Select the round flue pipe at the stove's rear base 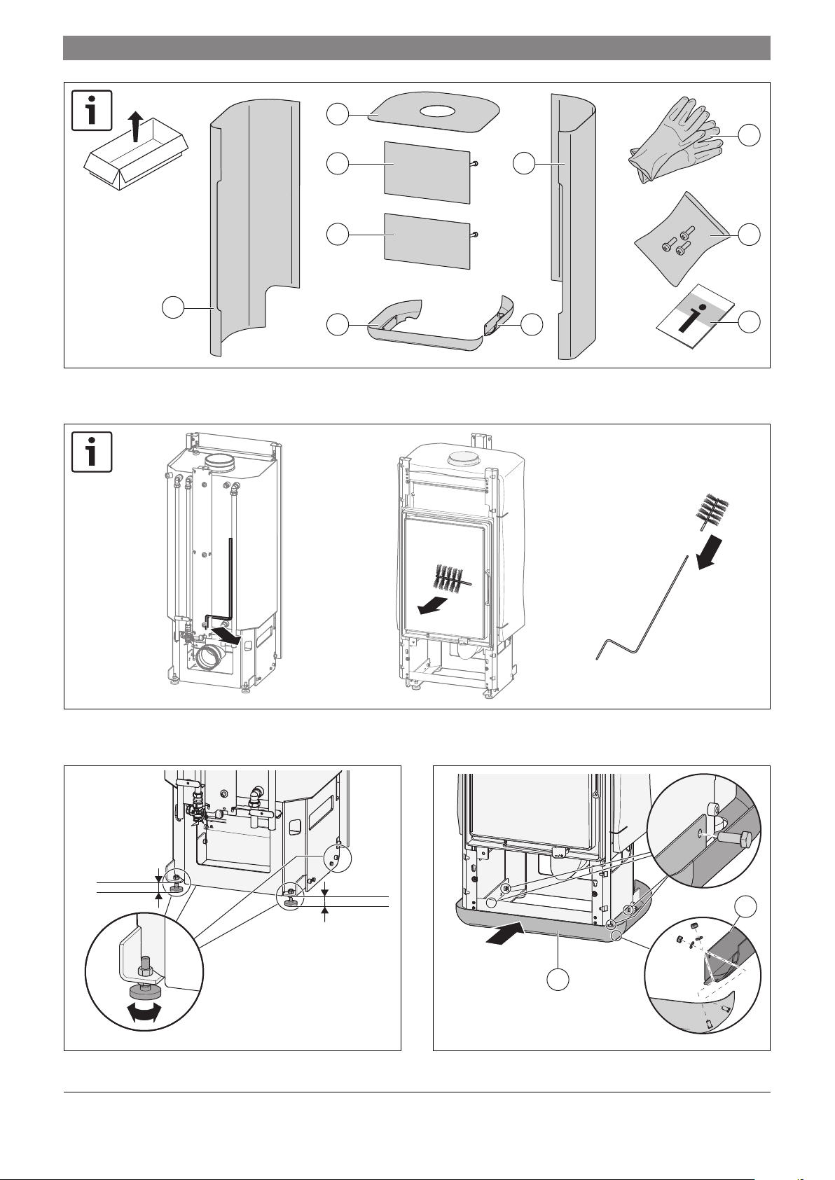click(x=211, y=658)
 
